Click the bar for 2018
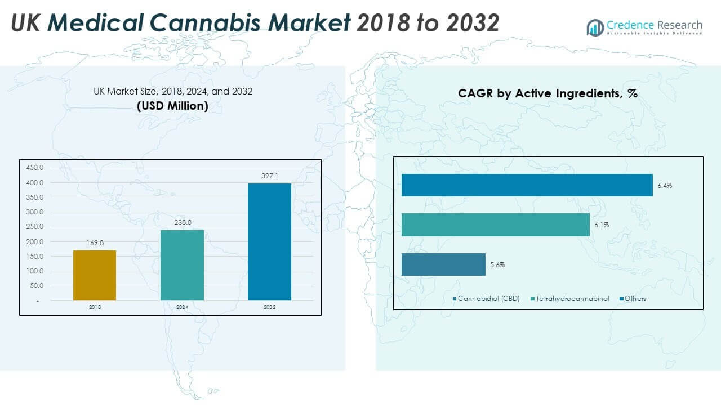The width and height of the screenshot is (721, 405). pyautogui.click(x=95, y=275)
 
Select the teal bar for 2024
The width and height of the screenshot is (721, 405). pyautogui.click(x=182, y=265)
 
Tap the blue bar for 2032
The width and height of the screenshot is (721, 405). pyautogui.click(x=269, y=242)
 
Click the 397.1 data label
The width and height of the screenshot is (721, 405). pyautogui.click(x=269, y=176)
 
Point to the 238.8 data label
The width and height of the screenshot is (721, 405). pyautogui.click(x=182, y=223)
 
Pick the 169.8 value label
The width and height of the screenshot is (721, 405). pyautogui.click(x=95, y=243)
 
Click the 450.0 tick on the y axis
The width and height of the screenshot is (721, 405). pyautogui.click(x=35, y=168)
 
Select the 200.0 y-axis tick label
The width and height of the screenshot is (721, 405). pyautogui.click(x=35, y=241)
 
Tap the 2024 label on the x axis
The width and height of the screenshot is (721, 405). pyautogui.click(x=182, y=308)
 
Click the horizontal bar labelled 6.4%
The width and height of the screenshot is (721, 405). pyautogui.click(x=527, y=185)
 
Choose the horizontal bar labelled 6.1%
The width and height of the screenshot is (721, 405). pyautogui.click(x=495, y=224)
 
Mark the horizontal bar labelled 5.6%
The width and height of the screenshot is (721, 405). pyautogui.click(x=443, y=264)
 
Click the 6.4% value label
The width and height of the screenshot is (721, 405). pyautogui.click(x=665, y=185)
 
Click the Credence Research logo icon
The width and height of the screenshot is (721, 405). pyautogui.click(x=595, y=27)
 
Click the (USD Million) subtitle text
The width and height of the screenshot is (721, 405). pyautogui.click(x=173, y=106)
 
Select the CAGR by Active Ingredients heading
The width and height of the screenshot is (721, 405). pyautogui.click(x=548, y=93)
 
